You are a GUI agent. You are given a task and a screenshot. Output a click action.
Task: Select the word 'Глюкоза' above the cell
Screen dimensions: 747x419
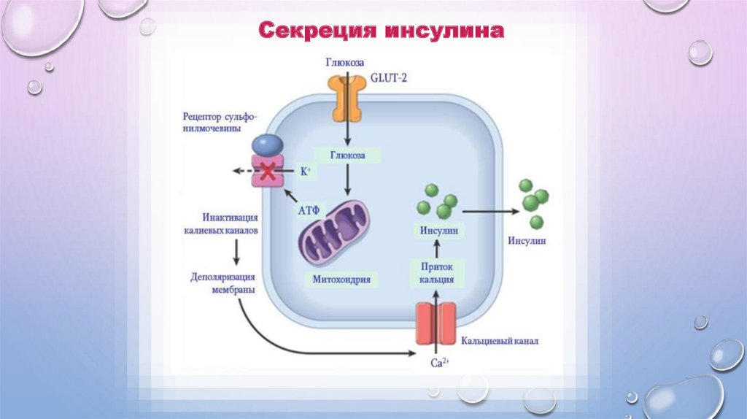[345, 64]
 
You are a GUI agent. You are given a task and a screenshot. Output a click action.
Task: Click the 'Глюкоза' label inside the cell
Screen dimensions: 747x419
[348, 155]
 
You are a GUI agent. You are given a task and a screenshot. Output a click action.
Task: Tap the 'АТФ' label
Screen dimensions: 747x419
[309, 209]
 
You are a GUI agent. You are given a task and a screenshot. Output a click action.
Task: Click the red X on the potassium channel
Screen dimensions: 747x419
[268, 172]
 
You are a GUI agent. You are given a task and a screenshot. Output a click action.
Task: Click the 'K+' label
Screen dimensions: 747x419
[305, 172]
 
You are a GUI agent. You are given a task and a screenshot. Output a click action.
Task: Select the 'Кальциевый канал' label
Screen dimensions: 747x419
[500, 341]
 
